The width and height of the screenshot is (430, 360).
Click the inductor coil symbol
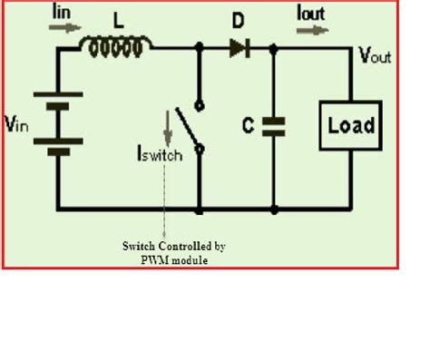117,44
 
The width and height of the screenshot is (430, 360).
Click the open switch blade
187,127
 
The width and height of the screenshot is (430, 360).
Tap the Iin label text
61,12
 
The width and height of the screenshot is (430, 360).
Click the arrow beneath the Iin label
64,28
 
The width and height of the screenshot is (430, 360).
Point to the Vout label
372,57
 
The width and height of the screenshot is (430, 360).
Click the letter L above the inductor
119,17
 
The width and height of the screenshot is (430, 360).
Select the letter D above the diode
238,20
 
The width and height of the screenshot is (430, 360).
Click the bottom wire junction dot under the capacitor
275,210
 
